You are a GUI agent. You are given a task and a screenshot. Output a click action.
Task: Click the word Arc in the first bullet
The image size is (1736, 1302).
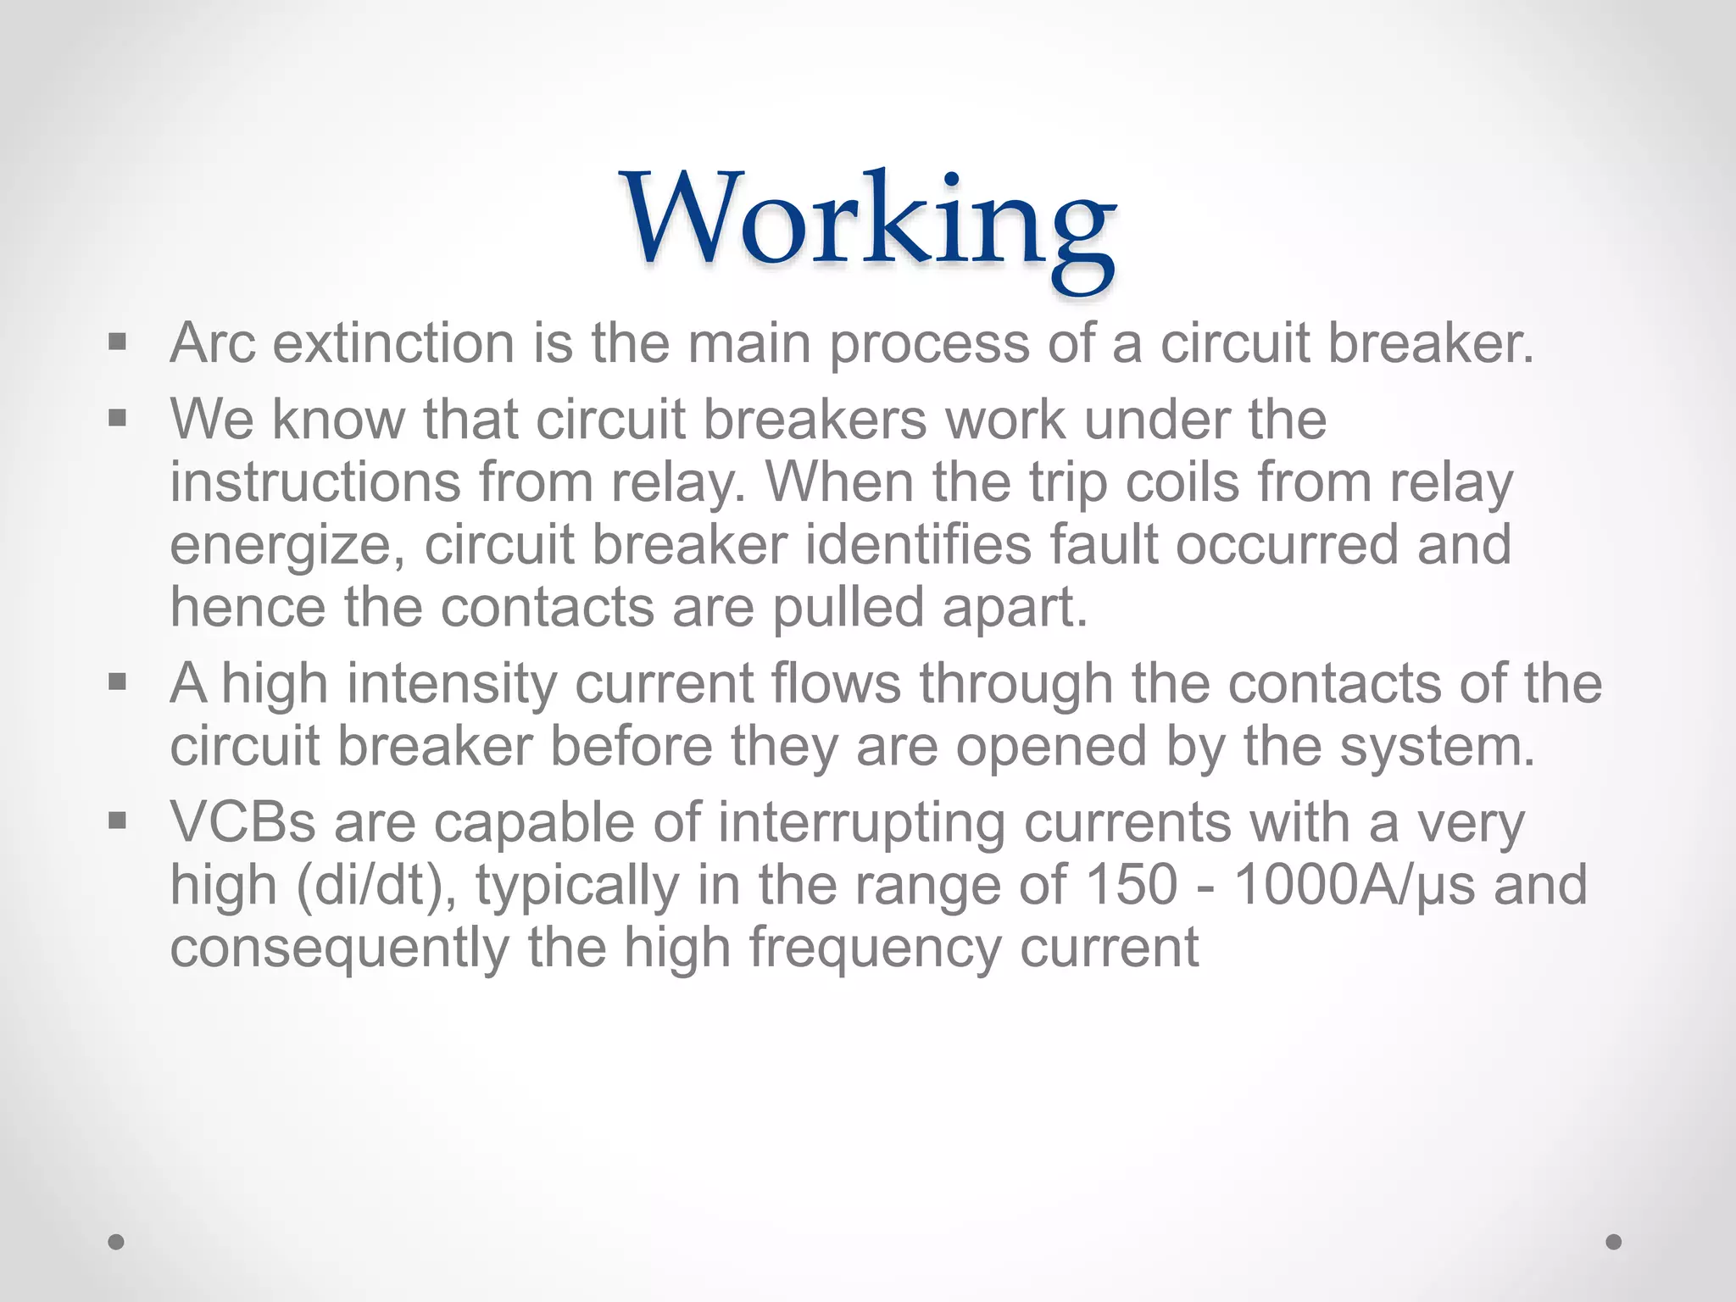(x=212, y=344)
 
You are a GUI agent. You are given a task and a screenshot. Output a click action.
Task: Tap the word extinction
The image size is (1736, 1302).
(x=393, y=344)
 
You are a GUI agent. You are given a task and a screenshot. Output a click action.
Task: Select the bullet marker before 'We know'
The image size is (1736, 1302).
(x=117, y=418)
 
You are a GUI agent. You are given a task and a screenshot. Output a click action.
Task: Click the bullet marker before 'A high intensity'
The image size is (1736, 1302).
(x=117, y=681)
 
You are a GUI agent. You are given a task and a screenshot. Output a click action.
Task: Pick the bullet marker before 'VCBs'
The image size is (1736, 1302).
(x=117, y=820)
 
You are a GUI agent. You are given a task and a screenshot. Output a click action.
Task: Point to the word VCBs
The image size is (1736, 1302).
(x=242, y=821)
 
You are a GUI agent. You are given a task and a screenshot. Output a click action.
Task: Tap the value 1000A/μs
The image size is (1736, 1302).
(x=1354, y=884)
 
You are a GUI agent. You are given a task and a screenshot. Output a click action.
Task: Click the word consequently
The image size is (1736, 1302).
(x=339, y=949)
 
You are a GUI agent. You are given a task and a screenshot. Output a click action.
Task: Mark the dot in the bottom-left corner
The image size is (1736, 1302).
(x=116, y=1242)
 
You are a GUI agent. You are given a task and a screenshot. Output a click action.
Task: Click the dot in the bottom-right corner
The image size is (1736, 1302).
(x=1614, y=1242)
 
